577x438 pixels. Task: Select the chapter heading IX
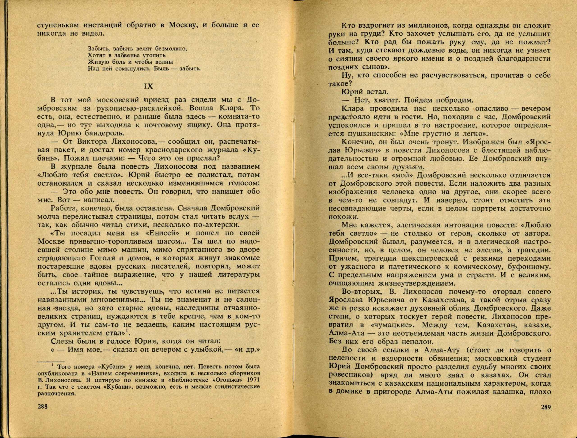149,86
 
